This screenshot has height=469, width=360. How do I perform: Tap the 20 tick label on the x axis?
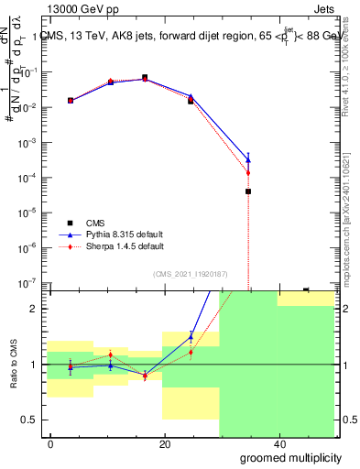(165, 443)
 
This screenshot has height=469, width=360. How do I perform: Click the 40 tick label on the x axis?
(279, 443)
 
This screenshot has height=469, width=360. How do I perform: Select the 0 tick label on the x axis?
(51, 443)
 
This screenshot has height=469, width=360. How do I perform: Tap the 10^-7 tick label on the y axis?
(27, 283)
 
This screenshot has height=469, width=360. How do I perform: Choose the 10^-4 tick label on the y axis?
(27, 178)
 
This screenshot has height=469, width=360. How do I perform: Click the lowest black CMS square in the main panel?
(248, 191)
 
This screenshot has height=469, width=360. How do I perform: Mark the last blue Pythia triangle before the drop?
(248, 159)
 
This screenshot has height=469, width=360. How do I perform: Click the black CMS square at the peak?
(145, 78)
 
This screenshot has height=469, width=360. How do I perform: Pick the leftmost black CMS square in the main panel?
(71, 100)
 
